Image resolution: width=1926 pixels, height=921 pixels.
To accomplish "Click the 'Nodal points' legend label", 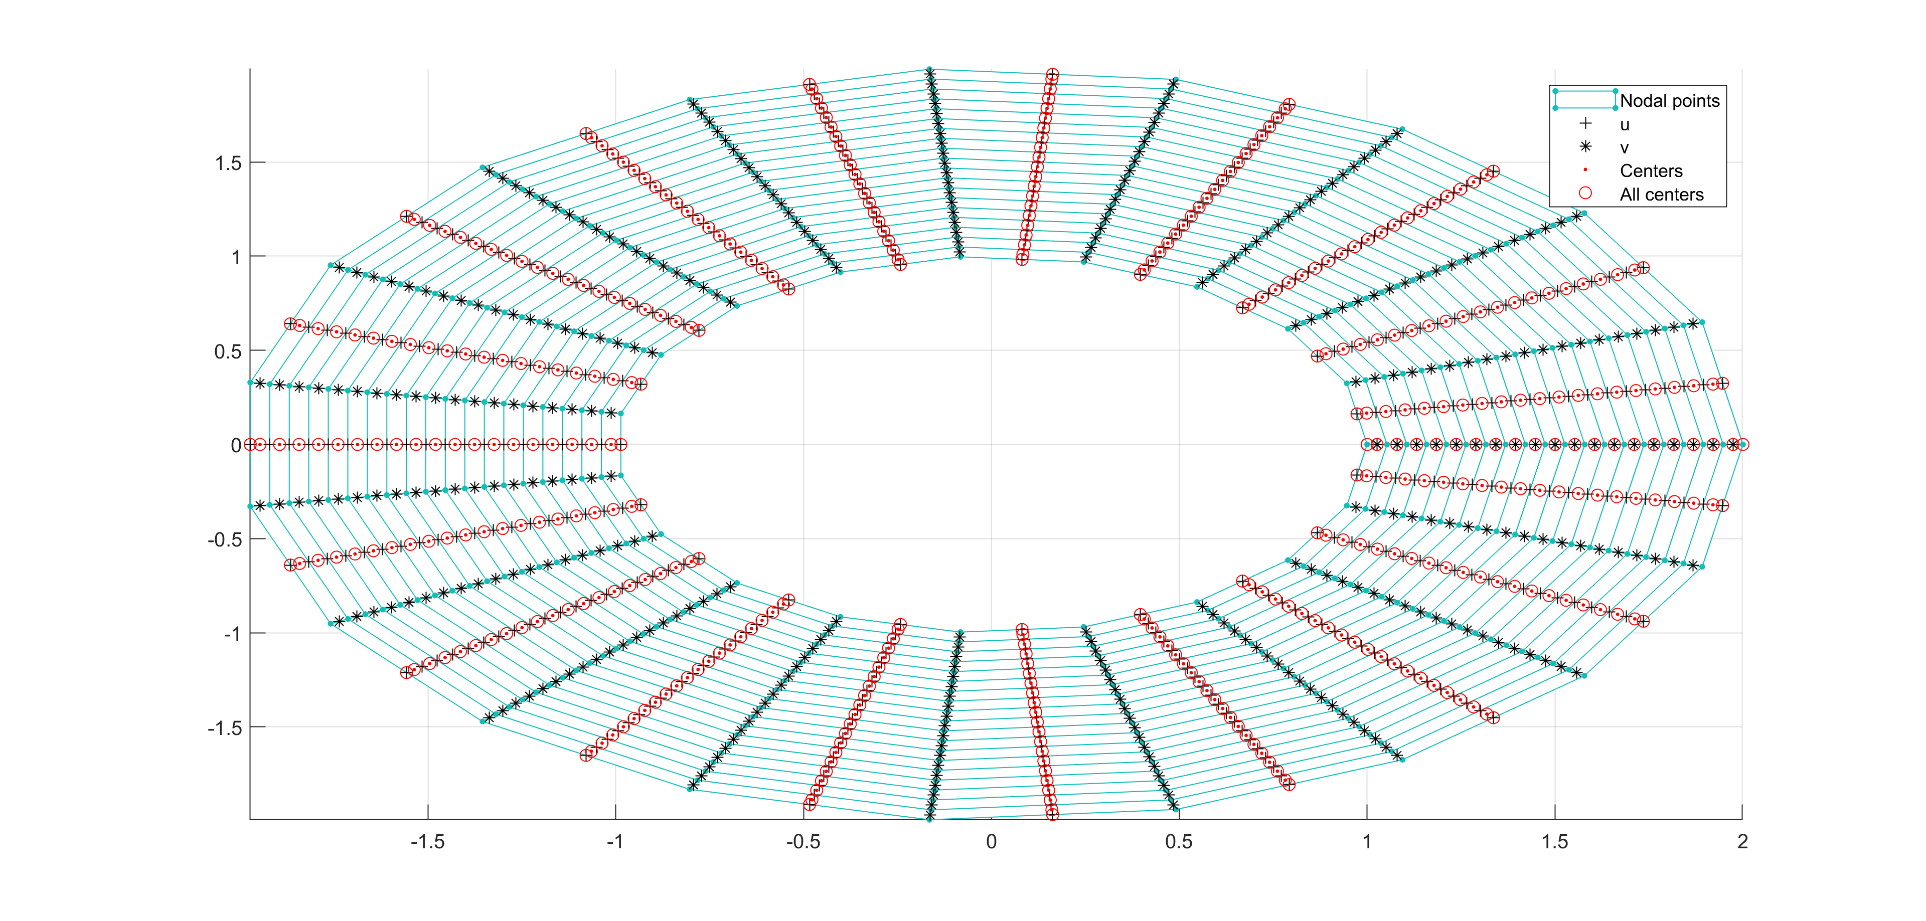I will tap(1670, 101).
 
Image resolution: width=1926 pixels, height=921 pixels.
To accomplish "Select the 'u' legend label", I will tap(1625, 125).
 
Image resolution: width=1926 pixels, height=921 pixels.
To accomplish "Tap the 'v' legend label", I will tap(1624, 148).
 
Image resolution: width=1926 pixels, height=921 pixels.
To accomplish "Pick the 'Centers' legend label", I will tap(1651, 171).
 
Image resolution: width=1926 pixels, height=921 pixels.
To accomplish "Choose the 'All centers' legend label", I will tap(1661, 195).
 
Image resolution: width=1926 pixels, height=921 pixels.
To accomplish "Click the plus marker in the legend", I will tap(1585, 123).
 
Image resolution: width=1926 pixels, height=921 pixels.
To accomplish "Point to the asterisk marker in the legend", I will tap(1585, 146).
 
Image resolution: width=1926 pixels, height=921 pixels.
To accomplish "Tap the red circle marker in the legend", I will tap(1585, 194).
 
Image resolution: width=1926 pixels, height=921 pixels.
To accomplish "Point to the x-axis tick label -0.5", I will tap(803, 842).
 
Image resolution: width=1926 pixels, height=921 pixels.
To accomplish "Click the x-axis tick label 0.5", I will tap(1179, 842).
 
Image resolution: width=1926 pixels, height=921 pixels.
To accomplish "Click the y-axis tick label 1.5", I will tap(228, 163).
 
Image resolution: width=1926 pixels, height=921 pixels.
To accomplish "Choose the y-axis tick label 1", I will tap(236, 257).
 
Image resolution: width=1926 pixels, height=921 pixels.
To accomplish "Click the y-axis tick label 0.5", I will tap(228, 351).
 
